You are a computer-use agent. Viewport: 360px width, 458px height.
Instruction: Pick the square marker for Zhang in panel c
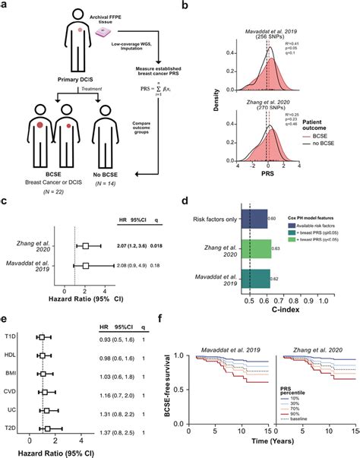(86, 246)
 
